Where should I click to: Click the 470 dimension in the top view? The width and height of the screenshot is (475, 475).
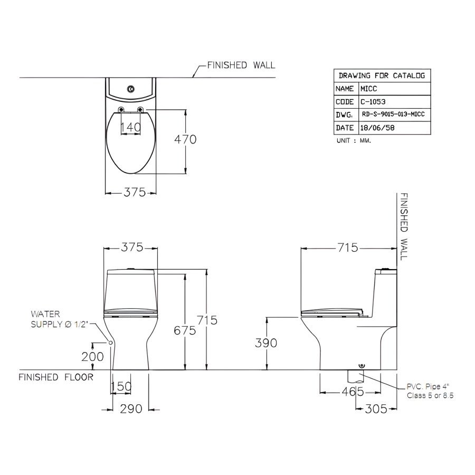click(185, 139)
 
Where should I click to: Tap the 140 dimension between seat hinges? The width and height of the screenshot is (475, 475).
click(131, 127)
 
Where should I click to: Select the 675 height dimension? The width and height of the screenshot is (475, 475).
click(185, 330)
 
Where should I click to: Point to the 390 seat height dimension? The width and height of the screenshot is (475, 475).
click(266, 343)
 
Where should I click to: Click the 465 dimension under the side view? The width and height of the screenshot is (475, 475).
click(353, 392)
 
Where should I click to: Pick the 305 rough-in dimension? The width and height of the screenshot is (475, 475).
click(376, 409)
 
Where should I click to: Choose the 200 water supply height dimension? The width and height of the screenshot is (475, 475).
click(92, 357)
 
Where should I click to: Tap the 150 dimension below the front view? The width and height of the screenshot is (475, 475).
click(121, 386)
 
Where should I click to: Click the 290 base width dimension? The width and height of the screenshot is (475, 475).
click(131, 409)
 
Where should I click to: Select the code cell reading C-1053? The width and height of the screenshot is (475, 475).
click(373, 102)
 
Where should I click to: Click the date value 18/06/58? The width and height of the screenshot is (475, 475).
click(377, 128)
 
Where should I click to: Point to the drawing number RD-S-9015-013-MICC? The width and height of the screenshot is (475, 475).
click(393, 114)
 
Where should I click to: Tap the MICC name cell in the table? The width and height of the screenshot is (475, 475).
click(369, 89)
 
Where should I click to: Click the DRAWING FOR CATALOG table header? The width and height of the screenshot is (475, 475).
click(382, 75)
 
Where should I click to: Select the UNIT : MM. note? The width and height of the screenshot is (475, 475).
click(354, 140)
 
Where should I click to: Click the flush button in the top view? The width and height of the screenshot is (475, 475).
click(131, 89)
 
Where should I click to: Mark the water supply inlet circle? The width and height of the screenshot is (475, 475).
click(111, 343)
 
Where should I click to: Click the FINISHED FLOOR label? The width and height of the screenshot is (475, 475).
click(56, 377)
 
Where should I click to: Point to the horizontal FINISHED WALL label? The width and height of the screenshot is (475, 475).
click(241, 65)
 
